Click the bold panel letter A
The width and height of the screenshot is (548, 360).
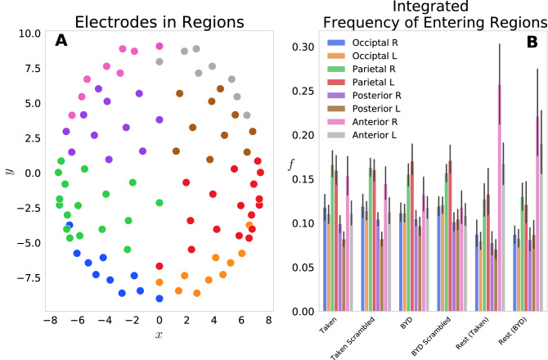[61, 41]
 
